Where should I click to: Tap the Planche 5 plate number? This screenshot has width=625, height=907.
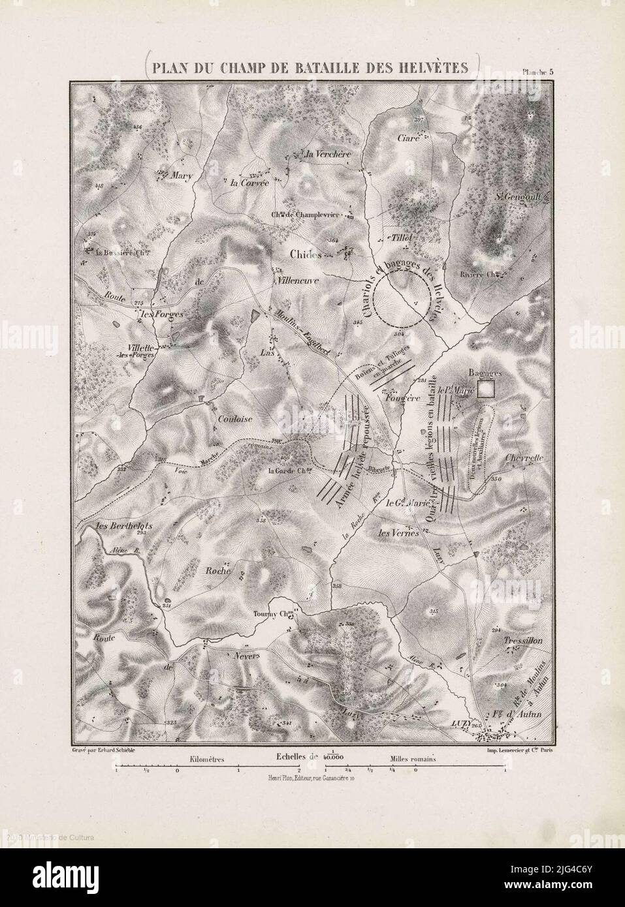click(537, 73)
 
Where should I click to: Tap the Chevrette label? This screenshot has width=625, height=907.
click(524, 458)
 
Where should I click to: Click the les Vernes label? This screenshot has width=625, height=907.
click(398, 532)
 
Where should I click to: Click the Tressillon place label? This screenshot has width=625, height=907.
click(523, 641)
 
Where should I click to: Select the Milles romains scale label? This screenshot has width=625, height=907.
click(413, 760)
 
